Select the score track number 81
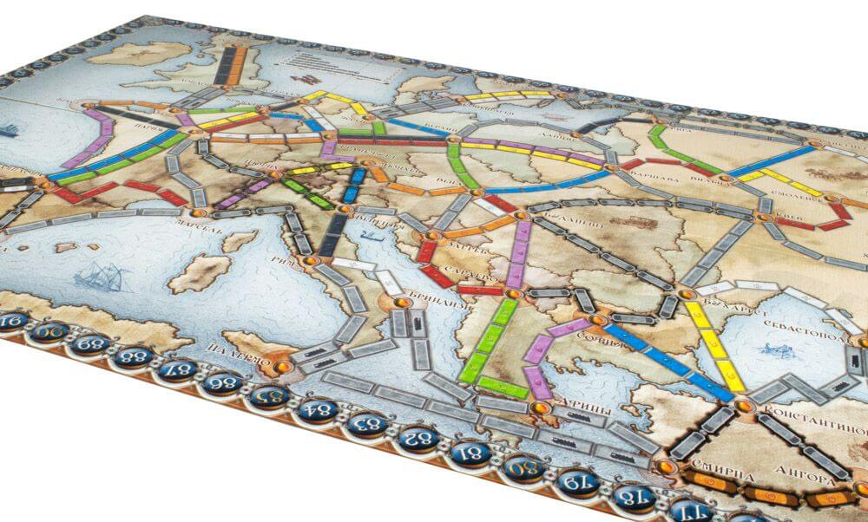(472, 453)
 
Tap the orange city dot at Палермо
(279, 368)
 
